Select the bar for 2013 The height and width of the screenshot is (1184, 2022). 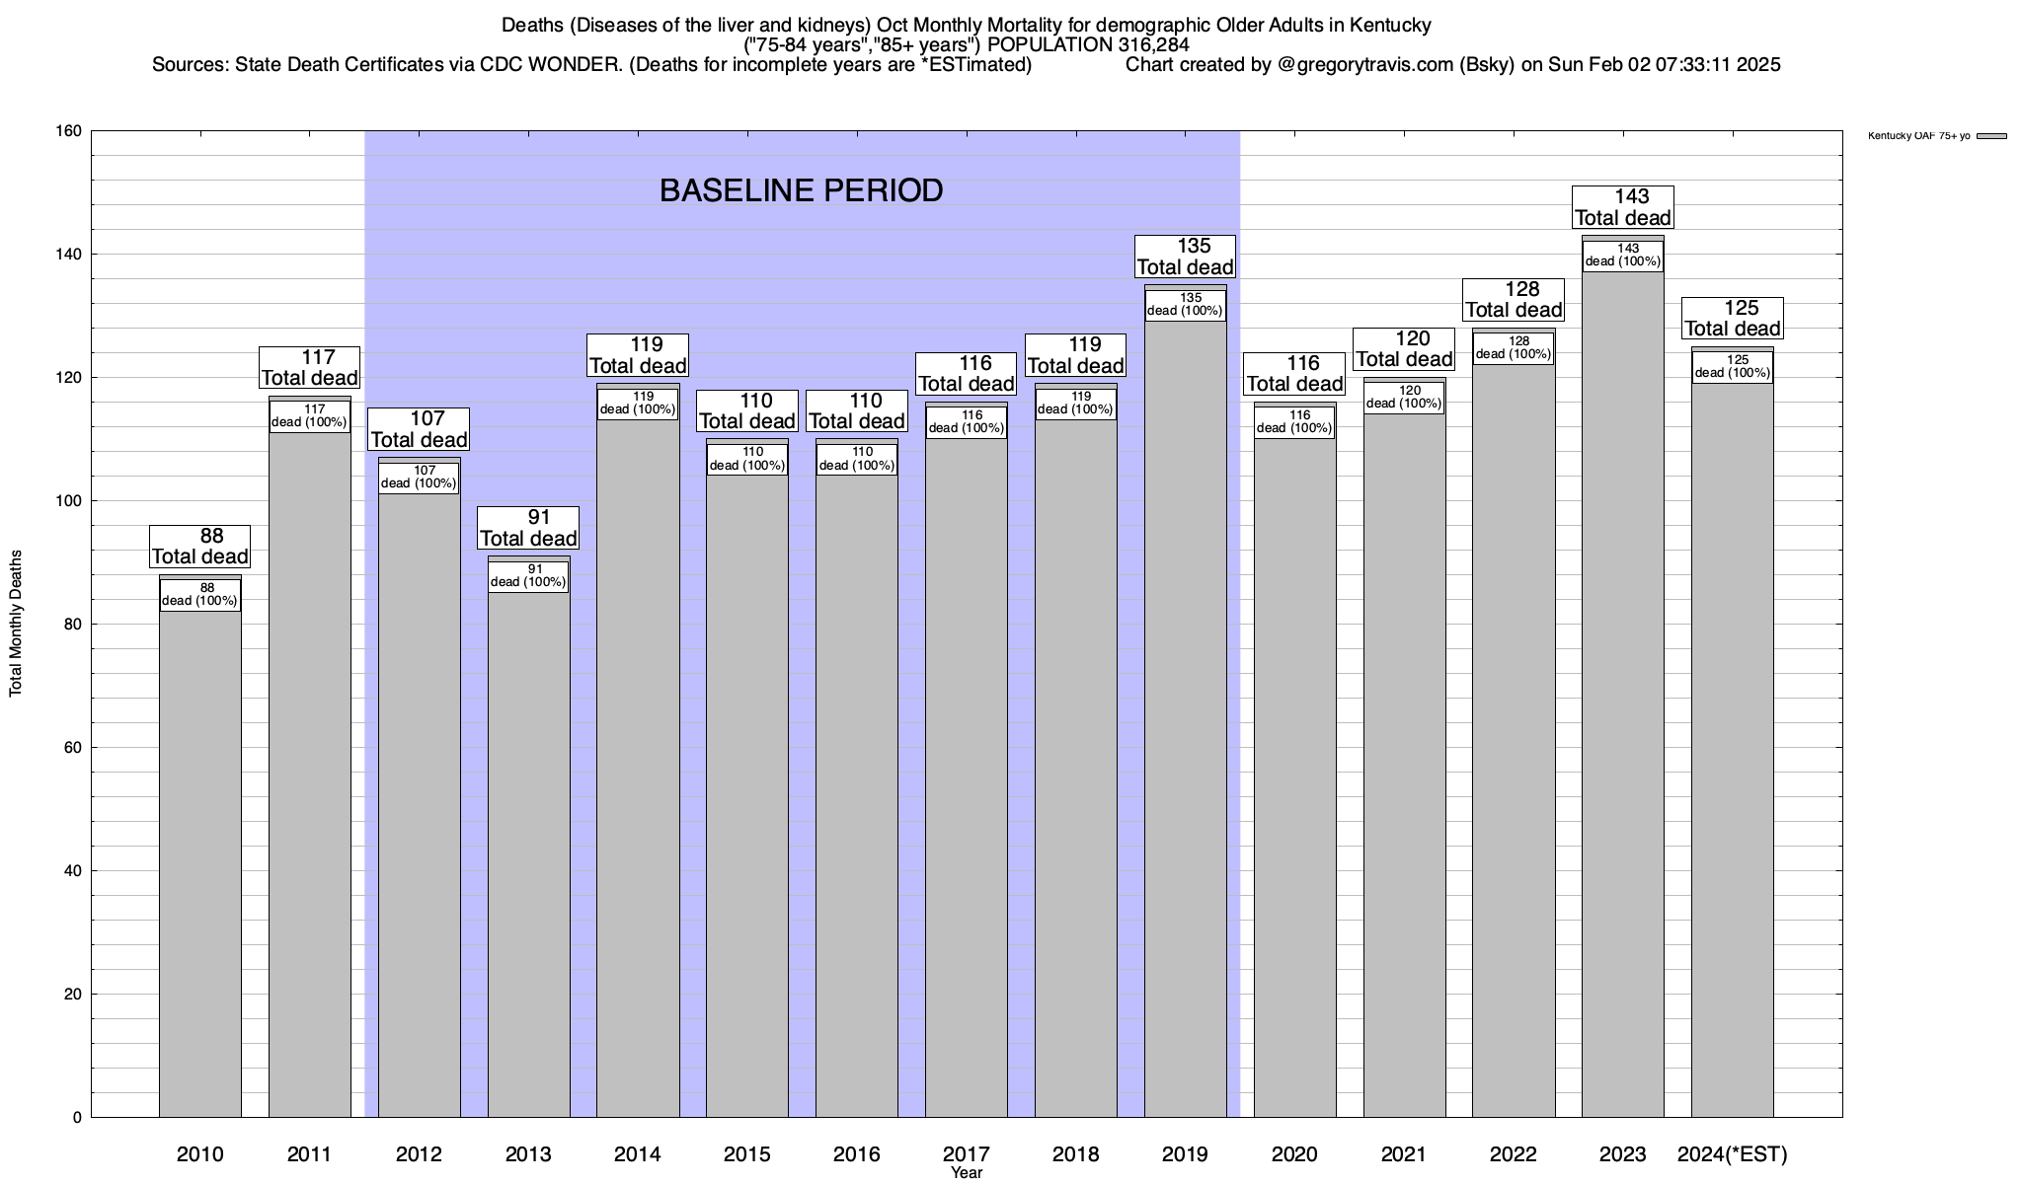tap(528, 849)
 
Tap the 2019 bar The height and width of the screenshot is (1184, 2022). tap(1185, 720)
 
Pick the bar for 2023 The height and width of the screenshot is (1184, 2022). tap(1622, 691)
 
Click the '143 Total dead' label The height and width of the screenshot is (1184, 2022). tap(1622, 207)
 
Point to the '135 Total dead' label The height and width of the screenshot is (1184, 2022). tap(1185, 257)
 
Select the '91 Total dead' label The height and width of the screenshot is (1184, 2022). tap(528, 528)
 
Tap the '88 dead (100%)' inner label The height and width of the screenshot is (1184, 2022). tap(199, 595)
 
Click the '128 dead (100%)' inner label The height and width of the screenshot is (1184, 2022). tap(1513, 348)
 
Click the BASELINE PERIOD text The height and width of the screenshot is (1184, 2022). tap(801, 190)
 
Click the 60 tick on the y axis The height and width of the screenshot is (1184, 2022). tap(73, 748)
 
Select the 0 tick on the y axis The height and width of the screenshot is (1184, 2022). tap(77, 1118)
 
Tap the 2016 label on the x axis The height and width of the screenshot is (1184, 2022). tap(856, 1154)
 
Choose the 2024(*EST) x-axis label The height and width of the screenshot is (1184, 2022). tap(1732, 1154)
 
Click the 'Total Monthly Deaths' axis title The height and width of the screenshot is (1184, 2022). tap(16, 624)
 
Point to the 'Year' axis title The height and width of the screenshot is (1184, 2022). tap(967, 1173)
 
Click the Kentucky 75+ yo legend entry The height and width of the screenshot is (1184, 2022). tap(1935, 136)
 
